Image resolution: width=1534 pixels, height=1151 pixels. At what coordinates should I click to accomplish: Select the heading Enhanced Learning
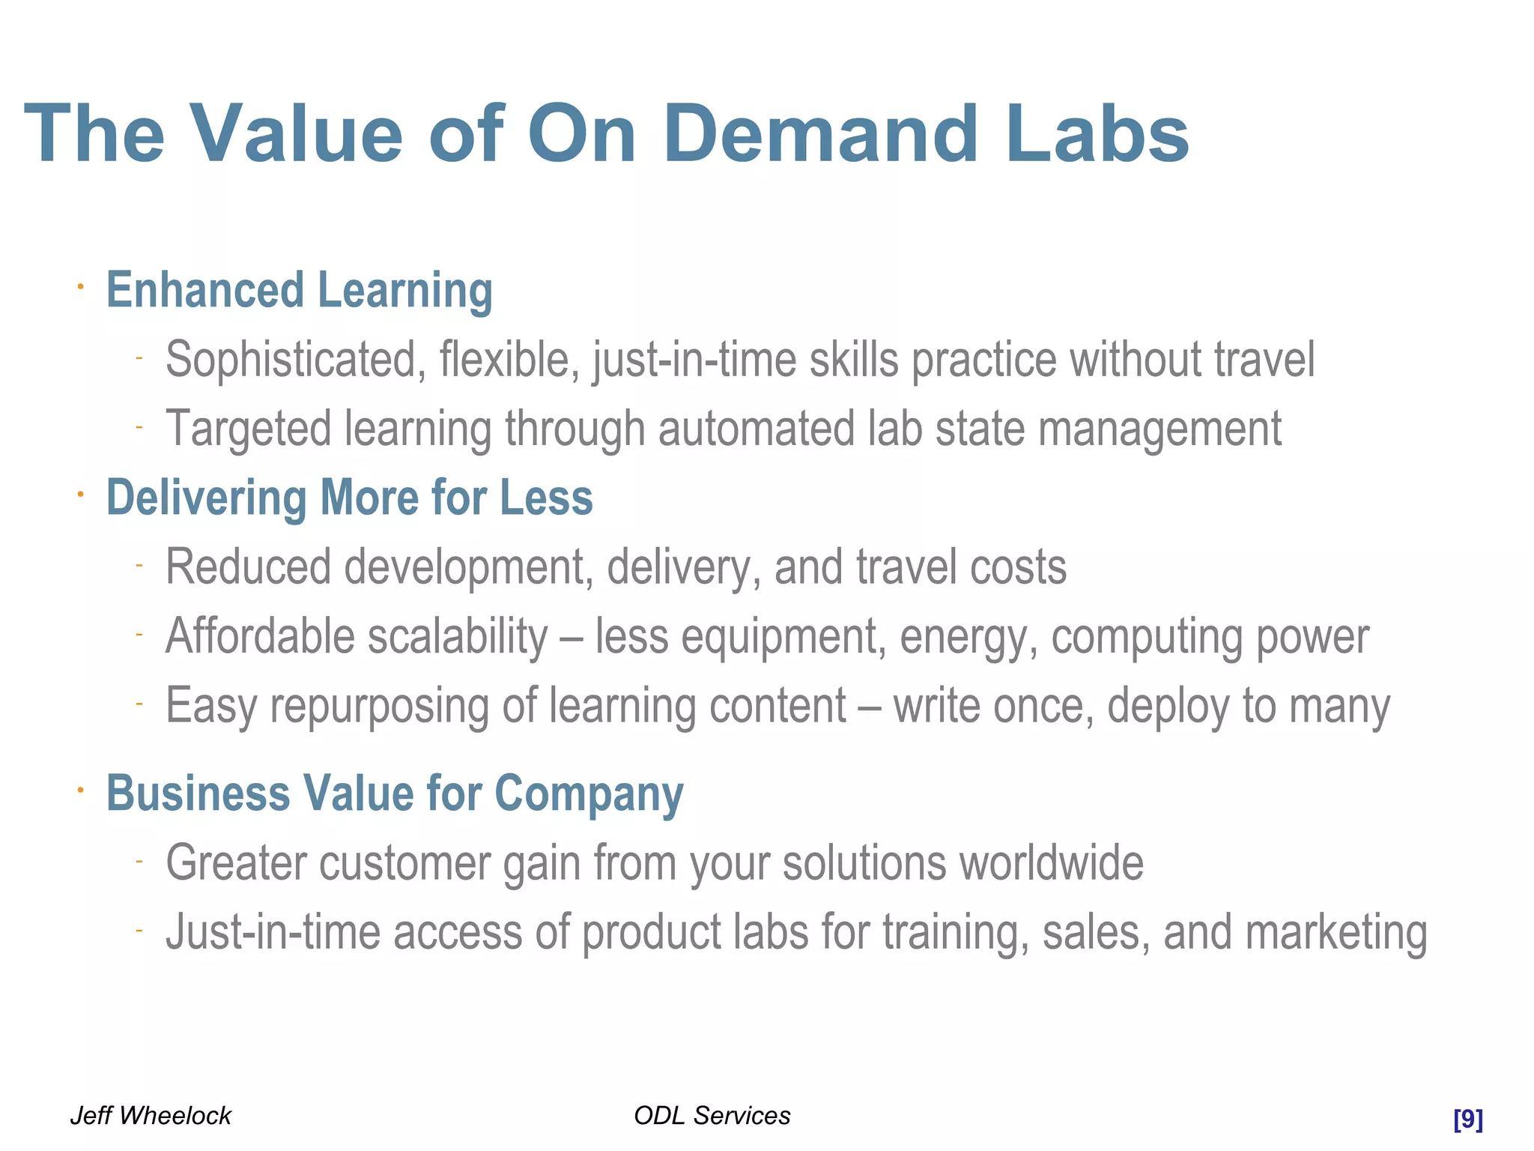coord(299,290)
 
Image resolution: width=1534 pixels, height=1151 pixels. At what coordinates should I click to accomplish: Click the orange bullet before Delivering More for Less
coord(80,494)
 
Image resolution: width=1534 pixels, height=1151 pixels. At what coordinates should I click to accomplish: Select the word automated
coord(756,429)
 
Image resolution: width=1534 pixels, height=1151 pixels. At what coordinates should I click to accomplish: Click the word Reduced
coord(248,567)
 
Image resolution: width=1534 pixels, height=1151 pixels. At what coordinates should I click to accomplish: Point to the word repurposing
coord(379,707)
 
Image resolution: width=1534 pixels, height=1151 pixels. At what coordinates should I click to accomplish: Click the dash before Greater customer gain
coord(139,862)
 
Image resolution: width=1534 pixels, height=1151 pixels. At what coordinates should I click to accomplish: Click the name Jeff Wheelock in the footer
coord(151,1115)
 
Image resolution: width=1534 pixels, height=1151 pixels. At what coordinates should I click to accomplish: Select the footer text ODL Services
coord(712,1115)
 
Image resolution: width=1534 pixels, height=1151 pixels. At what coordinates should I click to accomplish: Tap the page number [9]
coord(1467,1119)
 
